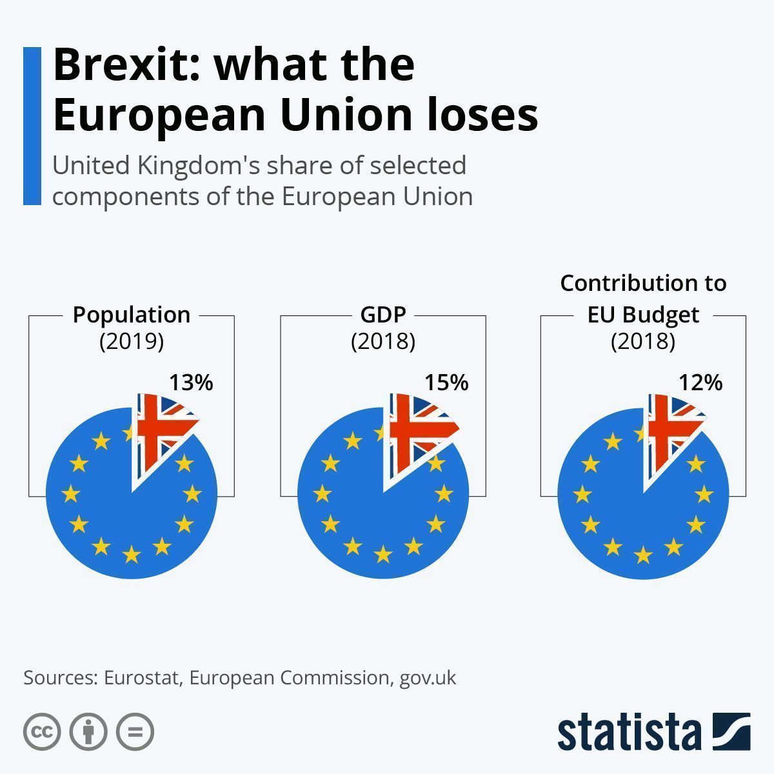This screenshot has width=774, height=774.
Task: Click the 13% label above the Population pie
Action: tap(191, 382)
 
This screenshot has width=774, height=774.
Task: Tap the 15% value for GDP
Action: tap(446, 382)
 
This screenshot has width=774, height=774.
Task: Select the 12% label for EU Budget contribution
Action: tap(700, 382)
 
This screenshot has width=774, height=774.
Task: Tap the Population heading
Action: tap(132, 315)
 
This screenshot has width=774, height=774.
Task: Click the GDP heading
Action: tap(383, 315)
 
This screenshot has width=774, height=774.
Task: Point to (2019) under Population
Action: tap(132, 341)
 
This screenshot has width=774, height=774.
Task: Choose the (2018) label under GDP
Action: tap(383, 341)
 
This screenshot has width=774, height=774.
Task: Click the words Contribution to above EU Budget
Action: tap(643, 283)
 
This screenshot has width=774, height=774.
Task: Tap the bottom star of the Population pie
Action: tap(132, 554)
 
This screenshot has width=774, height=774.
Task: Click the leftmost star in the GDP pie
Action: tap(322, 494)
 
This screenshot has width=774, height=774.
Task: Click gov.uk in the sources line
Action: tap(428, 679)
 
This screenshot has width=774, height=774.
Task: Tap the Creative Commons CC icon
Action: tap(42, 732)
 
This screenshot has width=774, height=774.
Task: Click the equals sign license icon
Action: tap(135, 732)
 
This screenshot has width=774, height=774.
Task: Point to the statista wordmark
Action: tap(629, 732)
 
